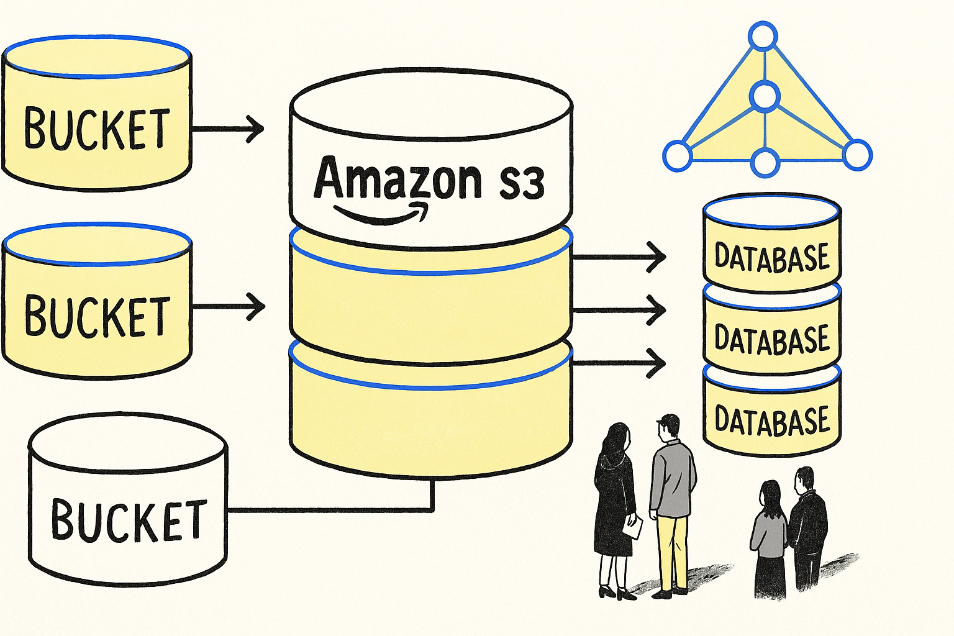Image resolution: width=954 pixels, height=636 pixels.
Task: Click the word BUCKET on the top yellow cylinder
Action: [x=97, y=128]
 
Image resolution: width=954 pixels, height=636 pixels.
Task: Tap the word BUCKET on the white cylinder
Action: [x=129, y=520]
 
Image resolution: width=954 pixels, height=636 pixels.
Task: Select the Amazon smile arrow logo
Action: [x=382, y=213]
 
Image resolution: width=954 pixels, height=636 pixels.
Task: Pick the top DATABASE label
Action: [x=772, y=257]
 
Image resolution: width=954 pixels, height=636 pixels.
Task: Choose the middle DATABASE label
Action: [x=772, y=339]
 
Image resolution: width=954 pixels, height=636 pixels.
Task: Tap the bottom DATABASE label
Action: [x=772, y=420]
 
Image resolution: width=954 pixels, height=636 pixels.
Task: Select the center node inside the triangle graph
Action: [x=764, y=96]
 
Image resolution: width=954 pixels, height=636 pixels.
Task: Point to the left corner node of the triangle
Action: [x=677, y=155]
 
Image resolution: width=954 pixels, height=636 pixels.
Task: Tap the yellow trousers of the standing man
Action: [x=672, y=550]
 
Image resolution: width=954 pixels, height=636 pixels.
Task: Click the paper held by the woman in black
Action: [x=633, y=528]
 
